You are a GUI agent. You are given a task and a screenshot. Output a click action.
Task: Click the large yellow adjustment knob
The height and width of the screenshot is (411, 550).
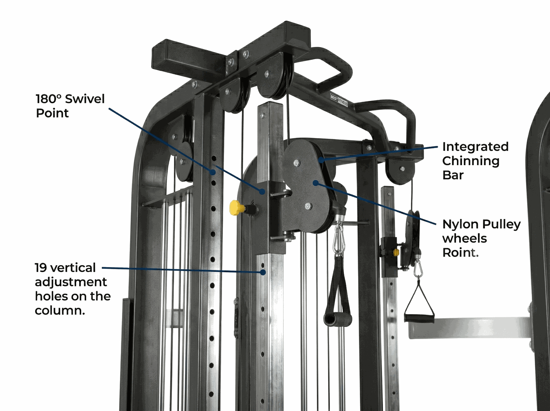click(236, 208)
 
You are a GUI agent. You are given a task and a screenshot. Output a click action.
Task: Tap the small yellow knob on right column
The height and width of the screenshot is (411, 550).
click(396, 253)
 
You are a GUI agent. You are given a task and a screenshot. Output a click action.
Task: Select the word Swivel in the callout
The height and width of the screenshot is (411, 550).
click(85, 99)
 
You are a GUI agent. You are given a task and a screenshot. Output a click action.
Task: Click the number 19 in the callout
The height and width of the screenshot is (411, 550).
click(41, 268)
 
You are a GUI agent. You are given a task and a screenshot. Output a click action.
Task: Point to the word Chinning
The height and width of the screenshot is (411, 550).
click(471, 161)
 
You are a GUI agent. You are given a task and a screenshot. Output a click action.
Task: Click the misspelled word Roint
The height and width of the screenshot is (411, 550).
click(460, 253)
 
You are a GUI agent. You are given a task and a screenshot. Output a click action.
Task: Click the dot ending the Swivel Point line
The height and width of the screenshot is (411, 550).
click(262, 191)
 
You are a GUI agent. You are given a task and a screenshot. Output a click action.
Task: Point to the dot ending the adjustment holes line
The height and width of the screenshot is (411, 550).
click(263, 272)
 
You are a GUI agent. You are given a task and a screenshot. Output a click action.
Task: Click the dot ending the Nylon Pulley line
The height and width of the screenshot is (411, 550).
click(315, 183)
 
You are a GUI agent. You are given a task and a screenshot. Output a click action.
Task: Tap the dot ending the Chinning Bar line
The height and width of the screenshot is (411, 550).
click(321, 160)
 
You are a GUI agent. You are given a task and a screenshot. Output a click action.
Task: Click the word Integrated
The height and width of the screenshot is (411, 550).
click(475, 147)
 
